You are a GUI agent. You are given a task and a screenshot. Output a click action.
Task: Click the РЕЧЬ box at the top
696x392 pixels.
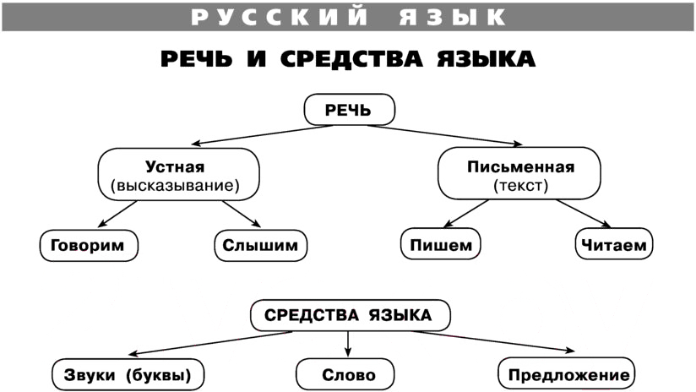tap(350, 110)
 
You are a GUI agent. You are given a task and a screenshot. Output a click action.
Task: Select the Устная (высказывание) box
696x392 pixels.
tap(178, 175)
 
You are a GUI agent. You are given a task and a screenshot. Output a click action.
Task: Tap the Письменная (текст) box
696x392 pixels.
tap(519, 173)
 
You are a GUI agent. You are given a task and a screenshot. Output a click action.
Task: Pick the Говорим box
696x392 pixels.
tap(89, 245)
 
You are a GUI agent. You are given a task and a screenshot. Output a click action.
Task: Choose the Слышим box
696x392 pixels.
tap(260, 245)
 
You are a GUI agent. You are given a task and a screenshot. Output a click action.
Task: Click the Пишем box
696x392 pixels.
tap(440, 243)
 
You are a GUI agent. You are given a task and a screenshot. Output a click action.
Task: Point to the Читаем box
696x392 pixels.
tap(614, 243)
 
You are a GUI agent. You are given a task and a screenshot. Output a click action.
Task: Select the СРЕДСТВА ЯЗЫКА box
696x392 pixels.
tap(351, 315)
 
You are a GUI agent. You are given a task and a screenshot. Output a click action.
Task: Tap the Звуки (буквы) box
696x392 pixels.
tap(128, 375)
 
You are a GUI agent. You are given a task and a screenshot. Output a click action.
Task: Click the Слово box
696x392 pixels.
tap(345, 375)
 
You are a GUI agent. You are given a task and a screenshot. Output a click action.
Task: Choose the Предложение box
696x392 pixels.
tap(567, 373)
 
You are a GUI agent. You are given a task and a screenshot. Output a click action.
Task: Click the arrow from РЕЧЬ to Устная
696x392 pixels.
tap(262, 135)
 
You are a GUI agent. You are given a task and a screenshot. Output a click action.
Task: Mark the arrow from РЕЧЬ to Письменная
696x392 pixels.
tap(445, 135)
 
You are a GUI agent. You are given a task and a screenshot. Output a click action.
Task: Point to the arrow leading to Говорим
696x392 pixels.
tap(117, 214)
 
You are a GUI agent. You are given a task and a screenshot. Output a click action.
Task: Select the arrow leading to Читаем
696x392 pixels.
tap(584, 214)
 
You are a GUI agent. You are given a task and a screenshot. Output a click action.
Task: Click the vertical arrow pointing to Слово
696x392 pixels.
tap(348, 344)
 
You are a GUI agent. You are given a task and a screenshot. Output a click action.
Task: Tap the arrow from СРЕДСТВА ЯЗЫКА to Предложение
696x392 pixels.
tap(492, 342)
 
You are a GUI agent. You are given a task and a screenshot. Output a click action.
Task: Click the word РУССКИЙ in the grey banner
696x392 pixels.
tap(280, 17)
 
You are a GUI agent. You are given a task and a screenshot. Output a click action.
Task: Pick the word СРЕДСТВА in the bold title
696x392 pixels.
tap(351, 59)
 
